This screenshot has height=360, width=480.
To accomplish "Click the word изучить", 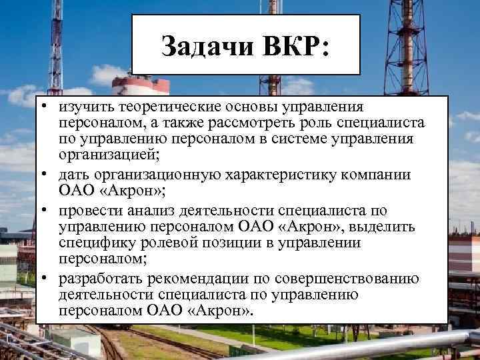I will point(85,107).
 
